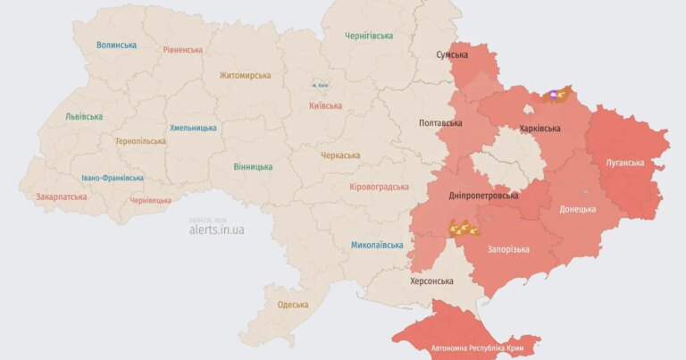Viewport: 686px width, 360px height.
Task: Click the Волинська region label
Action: [x=117, y=45]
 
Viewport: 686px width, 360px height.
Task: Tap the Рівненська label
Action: [x=182, y=50]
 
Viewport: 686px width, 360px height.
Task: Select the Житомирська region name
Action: [x=245, y=76]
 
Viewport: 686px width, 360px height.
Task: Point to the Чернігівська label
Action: [x=369, y=36]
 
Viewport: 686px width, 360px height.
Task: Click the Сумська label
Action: [x=452, y=55]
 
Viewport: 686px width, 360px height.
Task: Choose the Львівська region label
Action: [x=84, y=117]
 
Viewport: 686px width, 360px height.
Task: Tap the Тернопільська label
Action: [x=140, y=141]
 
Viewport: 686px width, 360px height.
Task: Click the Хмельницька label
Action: [x=193, y=128]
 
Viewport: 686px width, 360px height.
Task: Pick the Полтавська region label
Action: [x=440, y=122]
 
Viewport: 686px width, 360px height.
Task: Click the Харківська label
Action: [x=540, y=129]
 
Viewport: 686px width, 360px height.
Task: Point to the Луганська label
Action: [x=624, y=163]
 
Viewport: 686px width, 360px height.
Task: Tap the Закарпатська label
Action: [x=62, y=197]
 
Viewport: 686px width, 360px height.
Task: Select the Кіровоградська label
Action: [x=380, y=187]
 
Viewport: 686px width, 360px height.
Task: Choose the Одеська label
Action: [x=293, y=305]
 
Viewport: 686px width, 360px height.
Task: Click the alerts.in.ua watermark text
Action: [x=216, y=230]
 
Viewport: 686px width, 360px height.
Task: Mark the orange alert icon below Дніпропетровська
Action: [x=463, y=229]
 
